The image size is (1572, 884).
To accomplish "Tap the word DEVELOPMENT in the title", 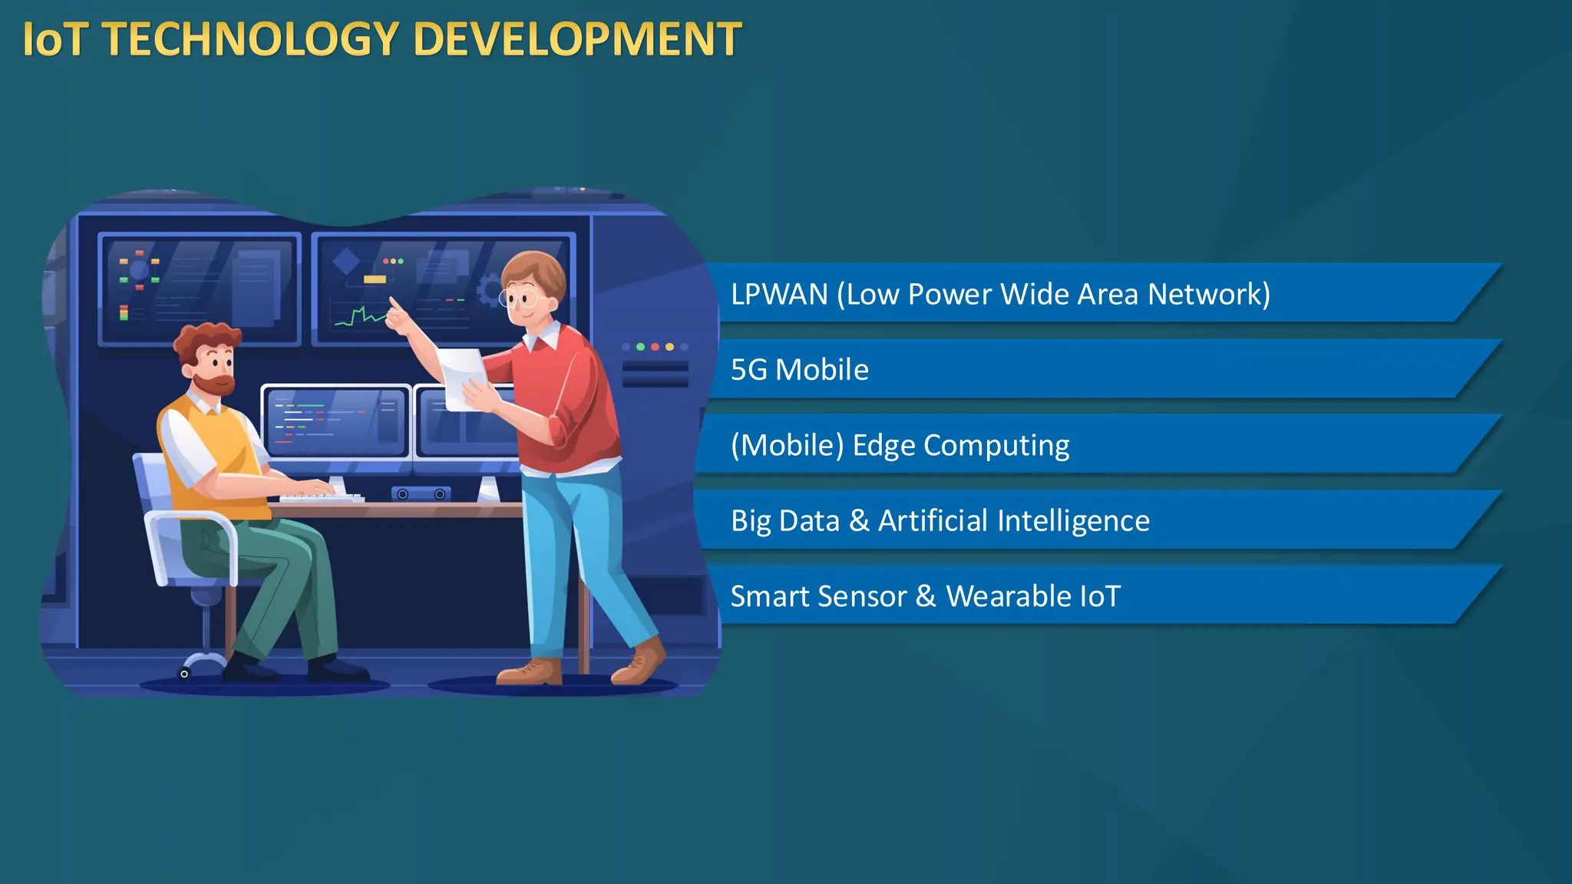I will [577, 40].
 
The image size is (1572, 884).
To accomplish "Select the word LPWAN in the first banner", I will [779, 294].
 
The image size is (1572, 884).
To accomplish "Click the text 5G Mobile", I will [799, 370].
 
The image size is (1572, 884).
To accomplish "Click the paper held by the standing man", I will [463, 376].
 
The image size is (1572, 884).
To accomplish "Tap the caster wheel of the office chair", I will [184, 674].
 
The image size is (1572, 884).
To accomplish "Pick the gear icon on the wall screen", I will [488, 292].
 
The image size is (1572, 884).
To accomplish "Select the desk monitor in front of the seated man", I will [336, 422].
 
